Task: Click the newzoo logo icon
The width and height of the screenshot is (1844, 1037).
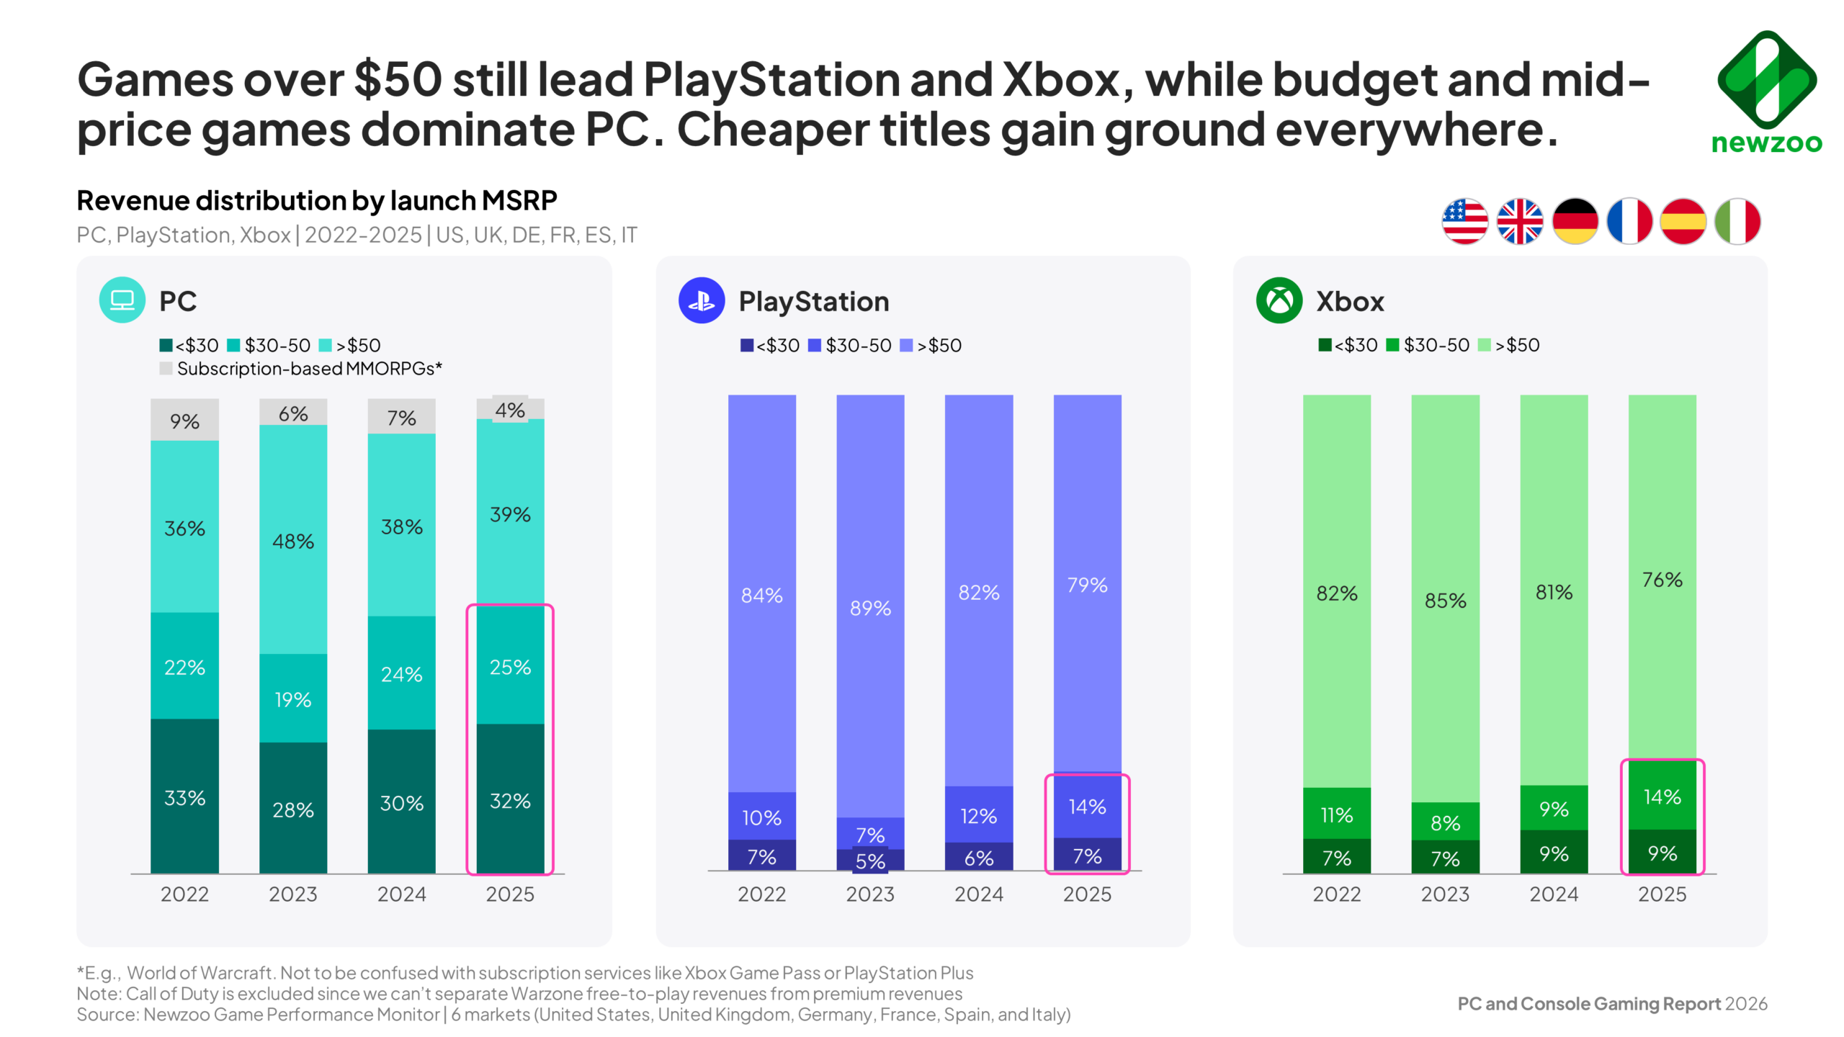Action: click(x=1766, y=79)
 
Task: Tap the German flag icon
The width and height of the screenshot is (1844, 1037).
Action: click(x=1575, y=221)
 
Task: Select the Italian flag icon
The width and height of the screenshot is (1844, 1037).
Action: click(x=1737, y=221)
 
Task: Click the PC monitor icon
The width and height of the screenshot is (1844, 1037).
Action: click(x=122, y=300)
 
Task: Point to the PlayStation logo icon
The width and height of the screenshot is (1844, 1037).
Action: click(x=701, y=300)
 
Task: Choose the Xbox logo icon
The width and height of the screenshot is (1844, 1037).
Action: click(x=1279, y=300)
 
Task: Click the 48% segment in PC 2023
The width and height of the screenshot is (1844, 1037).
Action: click(x=293, y=540)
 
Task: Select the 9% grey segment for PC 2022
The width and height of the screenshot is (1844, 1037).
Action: click(x=184, y=421)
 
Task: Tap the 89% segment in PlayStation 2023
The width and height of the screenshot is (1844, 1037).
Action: click(x=870, y=607)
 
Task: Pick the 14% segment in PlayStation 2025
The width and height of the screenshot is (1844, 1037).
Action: click(x=1087, y=807)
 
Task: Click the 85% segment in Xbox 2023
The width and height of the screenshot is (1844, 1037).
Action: click(x=1445, y=599)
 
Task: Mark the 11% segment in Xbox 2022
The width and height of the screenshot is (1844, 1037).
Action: click(x=1336, y=814)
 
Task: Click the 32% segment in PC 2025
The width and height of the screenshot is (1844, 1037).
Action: click(x=510, y=800)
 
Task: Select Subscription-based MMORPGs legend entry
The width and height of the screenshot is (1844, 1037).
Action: click(x=301, y=369)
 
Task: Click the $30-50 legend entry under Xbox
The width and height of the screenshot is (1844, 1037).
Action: click(x=1428, y=345)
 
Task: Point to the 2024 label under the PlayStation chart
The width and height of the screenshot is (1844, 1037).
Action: click(x=978, y=894)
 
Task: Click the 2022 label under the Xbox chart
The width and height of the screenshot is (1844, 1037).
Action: click(x=1336, y=894)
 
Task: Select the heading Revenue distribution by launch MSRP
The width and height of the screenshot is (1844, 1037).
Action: click(x=317, y=200)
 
